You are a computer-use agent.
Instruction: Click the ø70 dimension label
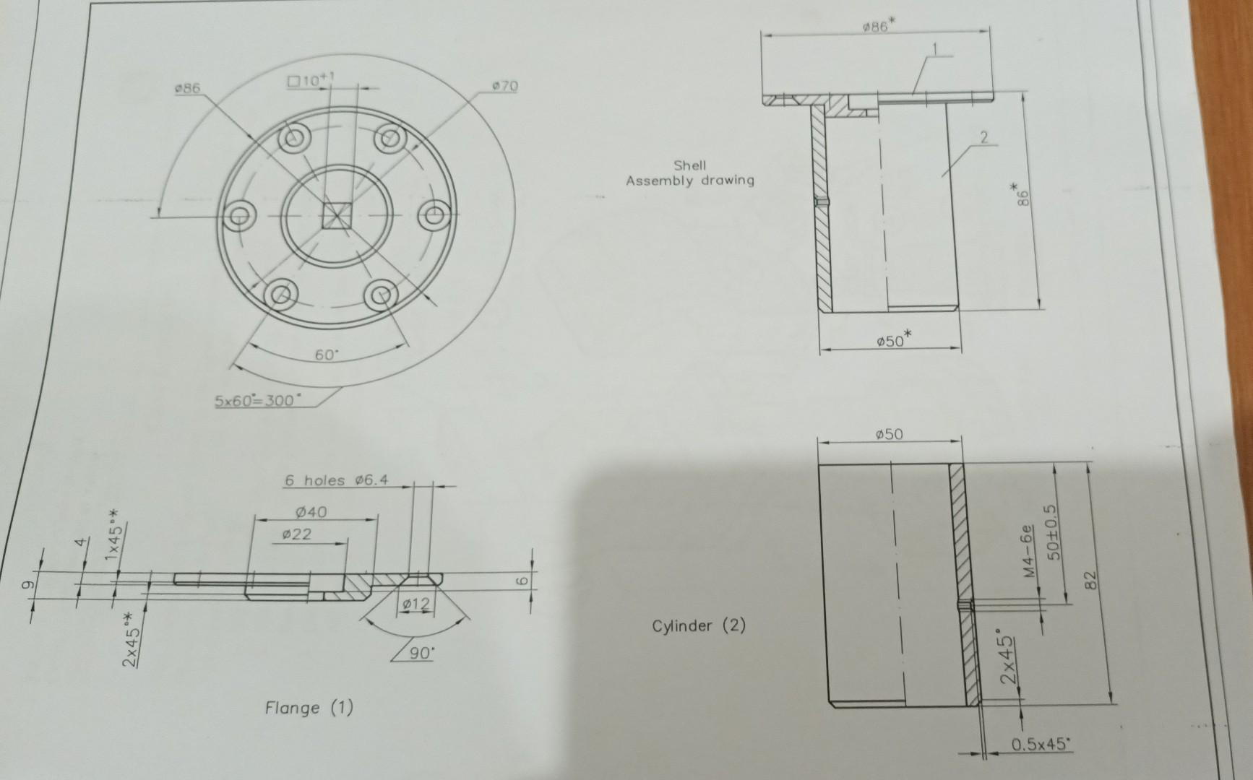[505, 86]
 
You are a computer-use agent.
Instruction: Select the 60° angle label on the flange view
[327, 355]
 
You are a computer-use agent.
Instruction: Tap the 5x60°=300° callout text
[255, 400]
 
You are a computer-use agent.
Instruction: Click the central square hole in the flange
[336, 215]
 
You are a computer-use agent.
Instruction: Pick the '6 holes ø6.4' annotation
[336, 480]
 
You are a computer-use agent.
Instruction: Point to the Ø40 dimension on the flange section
[311, 512]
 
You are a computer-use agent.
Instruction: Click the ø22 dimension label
[296, 534]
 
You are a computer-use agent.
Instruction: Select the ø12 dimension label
[415, 604]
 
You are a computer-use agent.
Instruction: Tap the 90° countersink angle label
[422, 654]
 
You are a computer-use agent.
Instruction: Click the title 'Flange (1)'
[309, 707]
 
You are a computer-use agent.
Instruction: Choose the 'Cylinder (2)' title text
[698, 625]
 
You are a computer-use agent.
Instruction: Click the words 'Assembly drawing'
[689, 181]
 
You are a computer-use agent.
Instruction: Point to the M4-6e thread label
[1029, 552]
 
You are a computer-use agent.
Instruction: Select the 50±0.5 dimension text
[1053, 532]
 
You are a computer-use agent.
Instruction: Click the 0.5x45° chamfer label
[1039, 744]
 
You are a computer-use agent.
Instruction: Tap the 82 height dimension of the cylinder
[1092, 579]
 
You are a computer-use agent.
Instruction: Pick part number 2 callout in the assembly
[983, 136]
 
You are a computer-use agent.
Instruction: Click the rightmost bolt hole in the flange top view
[436, 216]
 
